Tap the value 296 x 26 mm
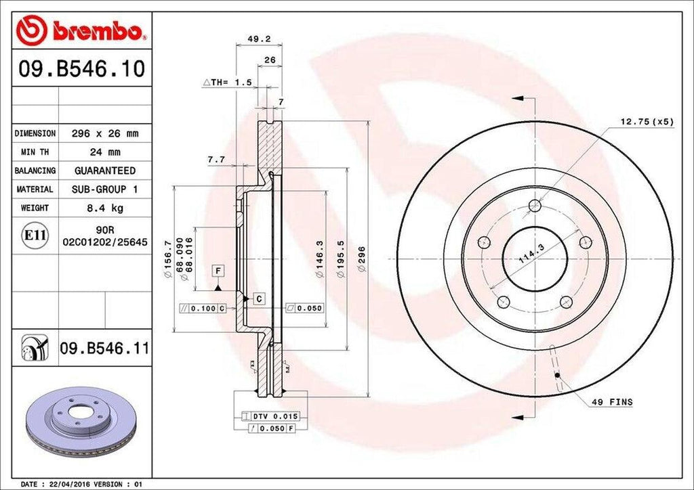pyautogui.click(x=105, y=133)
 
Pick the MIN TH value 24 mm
pyautogui.click(x=105, y=152)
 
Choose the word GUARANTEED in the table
pyautogui.click(x=105, y=171)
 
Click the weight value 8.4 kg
pyautogui.click(x=105, y=208)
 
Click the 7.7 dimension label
pyautogui.click(x=217, y=160)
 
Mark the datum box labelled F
pyautogui.click(x=218, y=271)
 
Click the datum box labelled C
pyautogui.click(x=258, y=298)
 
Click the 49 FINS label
pyautogui.click(x=613, y=402)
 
